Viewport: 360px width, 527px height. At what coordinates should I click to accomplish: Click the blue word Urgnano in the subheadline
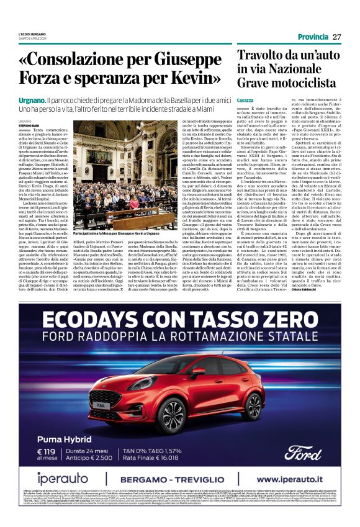click(31, 100)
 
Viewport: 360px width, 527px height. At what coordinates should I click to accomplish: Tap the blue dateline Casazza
click(245, 100)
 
